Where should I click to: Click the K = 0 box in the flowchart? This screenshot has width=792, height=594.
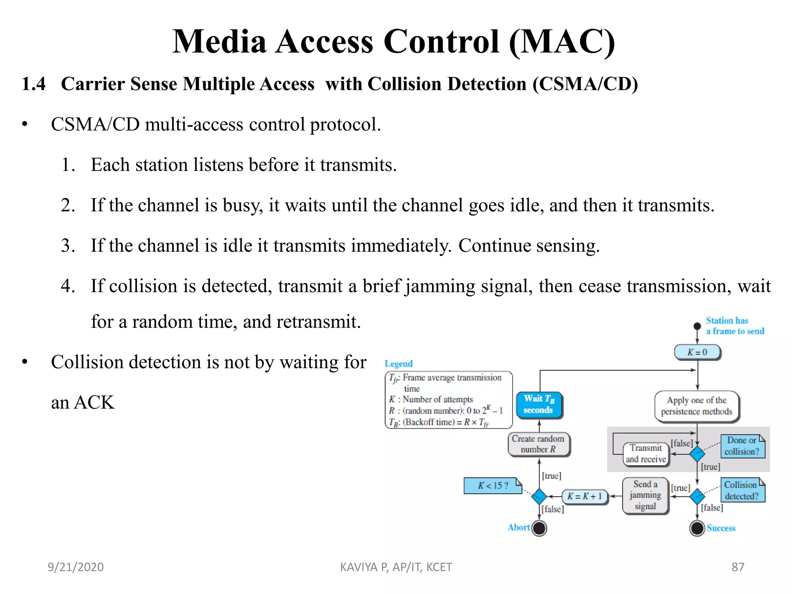click(x=697, y=352)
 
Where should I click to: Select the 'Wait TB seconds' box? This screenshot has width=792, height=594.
click(x=539, y=404)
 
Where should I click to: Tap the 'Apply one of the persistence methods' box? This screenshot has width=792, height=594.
click(x=696, y=406)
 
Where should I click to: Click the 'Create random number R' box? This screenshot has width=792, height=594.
click(x=538, y=444)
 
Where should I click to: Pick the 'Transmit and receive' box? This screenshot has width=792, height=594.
click(x=646, y=453)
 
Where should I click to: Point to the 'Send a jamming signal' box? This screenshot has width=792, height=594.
click(x=645, y=495)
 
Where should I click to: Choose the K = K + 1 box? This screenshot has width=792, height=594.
click(x=585, y=496)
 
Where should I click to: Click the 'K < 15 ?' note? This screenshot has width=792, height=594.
click(x=492, y=485)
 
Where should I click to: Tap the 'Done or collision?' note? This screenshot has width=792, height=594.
click(x=742, y=446)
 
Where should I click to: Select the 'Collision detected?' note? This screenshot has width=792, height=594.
click(x=742, y=490)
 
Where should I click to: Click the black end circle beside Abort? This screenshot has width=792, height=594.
click(x=539, y=528)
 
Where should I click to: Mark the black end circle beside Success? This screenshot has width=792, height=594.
click(x=697, y=528)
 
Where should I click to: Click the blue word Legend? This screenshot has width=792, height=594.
click(x=398, y=364)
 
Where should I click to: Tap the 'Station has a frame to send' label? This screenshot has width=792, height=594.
click(x=734, y=326)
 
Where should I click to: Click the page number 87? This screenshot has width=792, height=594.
click(x=737, y=567)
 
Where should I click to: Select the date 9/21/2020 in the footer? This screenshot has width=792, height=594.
click(x=75, y=567)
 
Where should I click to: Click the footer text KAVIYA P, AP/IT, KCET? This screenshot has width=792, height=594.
click(x=396, y=567)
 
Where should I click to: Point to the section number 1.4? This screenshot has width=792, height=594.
click(x=34, y=84)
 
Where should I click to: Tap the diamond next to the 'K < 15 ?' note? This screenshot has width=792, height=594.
click(x=539, y=496)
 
